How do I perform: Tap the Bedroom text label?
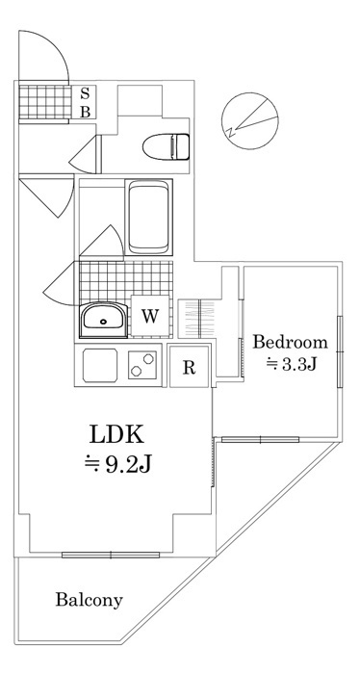(290, 342)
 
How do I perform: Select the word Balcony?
(89, 600)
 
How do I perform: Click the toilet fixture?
(165, 146)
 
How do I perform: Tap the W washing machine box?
(150, 315)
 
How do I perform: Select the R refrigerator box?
(190, 366)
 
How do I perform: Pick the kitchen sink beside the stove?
(100, 366)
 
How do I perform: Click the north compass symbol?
(246, 120)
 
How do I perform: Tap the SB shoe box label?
(85, 102)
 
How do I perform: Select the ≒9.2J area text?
(116, 466)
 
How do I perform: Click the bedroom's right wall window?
(340, 351)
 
